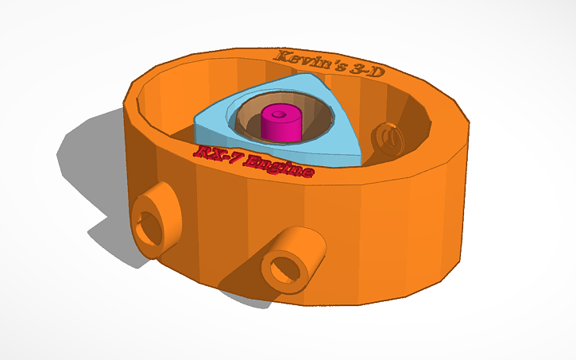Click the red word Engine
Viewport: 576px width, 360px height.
tap(277, 166)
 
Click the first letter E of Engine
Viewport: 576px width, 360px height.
tap(253, 162)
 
